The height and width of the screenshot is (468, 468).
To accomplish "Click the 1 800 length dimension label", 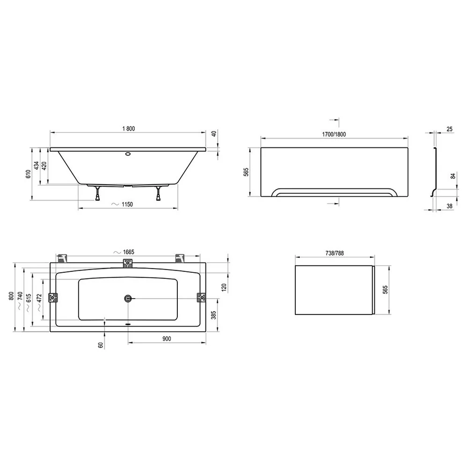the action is (129, 129).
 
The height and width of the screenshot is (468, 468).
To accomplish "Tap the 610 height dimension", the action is (29, 174).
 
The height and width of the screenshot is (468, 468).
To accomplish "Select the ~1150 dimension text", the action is (122, 205).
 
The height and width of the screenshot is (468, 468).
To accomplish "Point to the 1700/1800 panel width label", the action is (334, 134).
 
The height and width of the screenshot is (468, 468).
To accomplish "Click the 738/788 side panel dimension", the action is (335, 253).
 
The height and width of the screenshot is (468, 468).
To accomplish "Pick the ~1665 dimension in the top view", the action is (124, 252).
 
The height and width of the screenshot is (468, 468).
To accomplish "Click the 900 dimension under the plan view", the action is (167, 339).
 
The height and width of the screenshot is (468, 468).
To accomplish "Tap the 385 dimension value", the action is (214, 315).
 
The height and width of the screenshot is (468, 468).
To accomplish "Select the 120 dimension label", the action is (224, 287).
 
